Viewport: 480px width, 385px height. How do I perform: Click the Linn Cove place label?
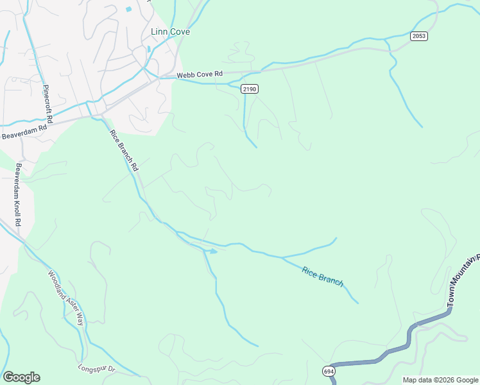coord(170,31)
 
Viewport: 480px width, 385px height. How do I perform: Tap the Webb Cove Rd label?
coord(199,75)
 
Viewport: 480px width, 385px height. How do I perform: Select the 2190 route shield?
coord(250,89)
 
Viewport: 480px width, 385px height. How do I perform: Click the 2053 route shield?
coord(420,36)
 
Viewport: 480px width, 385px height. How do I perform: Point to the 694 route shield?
coord(329,372)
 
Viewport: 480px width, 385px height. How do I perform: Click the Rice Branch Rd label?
coord(124,150)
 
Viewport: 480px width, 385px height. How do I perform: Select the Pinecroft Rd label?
coord(46,104)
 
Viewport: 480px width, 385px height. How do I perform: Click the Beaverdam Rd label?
coord(24,132)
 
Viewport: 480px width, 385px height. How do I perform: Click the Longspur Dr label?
coord(96,369)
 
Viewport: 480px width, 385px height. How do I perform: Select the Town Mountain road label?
coord(463,278)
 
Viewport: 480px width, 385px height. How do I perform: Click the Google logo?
coord(21,377)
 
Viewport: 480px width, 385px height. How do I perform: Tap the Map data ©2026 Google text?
coord(440,380)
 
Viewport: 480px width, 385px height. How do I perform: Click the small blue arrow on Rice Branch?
coord(214,252)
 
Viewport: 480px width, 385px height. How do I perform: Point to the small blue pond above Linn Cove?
coord(129,10)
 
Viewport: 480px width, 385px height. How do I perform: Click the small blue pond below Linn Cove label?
coord(148,49)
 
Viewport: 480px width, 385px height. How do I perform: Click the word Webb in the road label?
coord(186,75)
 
